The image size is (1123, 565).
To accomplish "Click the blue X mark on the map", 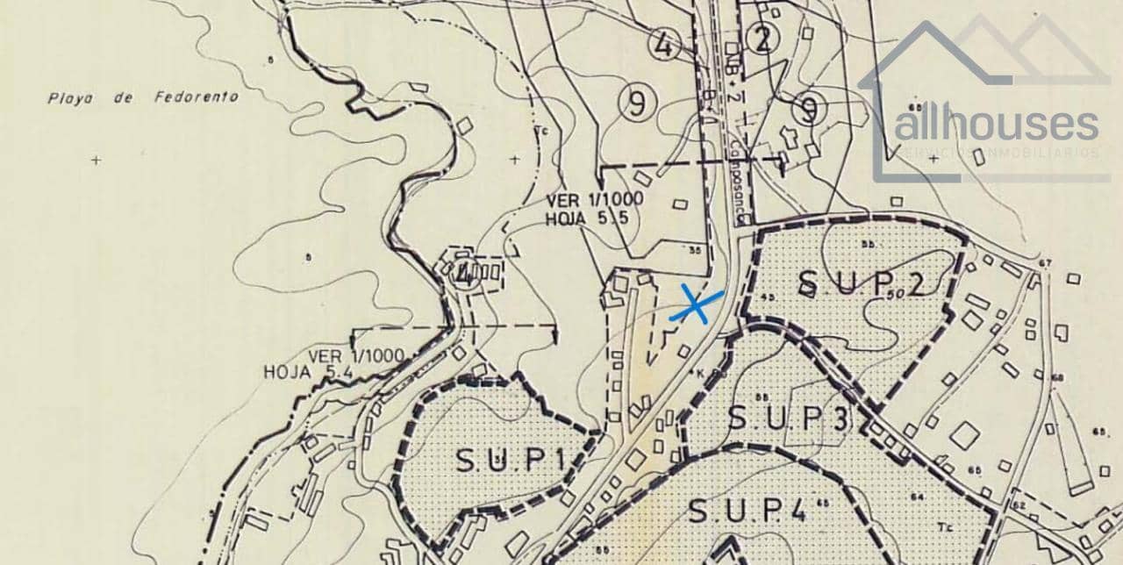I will coord(695,306).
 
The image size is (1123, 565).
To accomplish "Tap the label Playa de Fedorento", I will coord(142,98).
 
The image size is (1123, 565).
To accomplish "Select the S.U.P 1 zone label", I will coord(508,459).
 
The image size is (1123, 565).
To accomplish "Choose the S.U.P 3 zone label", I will coord(788,418).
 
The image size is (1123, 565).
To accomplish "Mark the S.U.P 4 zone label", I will coord(747,510).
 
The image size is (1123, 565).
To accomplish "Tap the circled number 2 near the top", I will coord(763,39).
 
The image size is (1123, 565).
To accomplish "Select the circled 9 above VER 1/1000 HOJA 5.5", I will coord(637,104).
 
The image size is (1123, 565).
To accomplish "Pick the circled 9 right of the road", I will coord(809,110).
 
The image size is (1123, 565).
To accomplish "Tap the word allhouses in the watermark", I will coord(996,125).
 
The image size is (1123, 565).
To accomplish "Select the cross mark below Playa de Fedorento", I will coord(96,160).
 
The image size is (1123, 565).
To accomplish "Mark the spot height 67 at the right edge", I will coord(1044,263).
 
